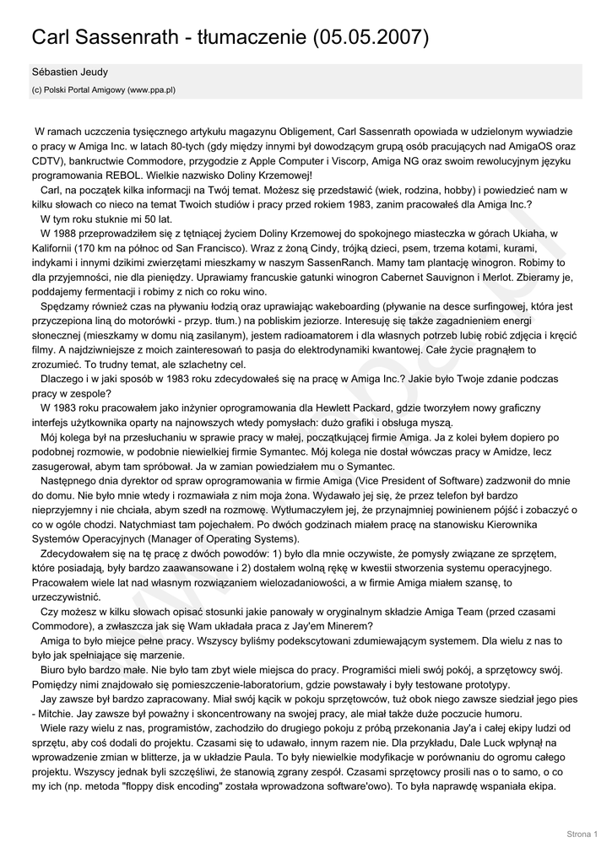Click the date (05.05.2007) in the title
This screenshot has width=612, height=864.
pos(371,38)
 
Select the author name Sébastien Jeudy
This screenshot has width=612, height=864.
pos(70,73)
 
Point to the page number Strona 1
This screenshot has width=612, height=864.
pos(582,834)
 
